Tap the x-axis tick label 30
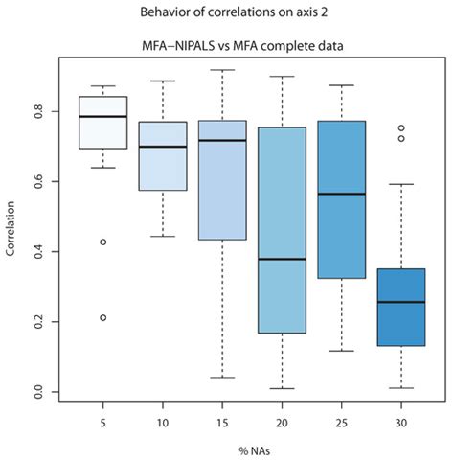click(400, 418)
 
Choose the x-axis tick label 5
click(102, 418)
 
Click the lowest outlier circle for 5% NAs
click(102, 317)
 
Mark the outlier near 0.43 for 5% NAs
click(102, 241)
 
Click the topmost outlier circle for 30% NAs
click(400, 127)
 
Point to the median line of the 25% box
click(341, 194)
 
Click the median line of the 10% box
click(162, 147)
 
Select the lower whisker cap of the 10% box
click(162, 236)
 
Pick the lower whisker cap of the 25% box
click(341, 351)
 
